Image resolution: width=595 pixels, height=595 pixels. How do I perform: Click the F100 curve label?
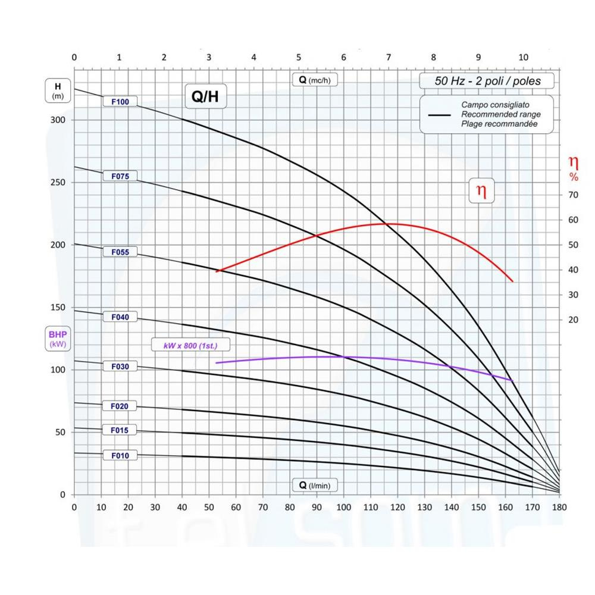[120, 102]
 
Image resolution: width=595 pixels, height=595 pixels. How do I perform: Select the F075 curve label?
[120, 176]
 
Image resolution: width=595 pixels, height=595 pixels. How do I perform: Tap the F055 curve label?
[120, 252]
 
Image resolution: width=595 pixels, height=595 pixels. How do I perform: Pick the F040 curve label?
[120, 317]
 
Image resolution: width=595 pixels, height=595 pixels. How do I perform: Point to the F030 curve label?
[120, 367]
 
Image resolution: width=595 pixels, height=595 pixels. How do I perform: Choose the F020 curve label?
[120, 406]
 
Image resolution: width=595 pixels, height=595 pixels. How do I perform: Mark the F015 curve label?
[120, 430]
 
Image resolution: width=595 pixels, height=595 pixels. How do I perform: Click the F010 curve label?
[120, 456]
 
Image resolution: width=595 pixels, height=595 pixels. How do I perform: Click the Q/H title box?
[205, 98]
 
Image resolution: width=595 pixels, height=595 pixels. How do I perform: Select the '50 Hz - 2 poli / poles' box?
[487, 81]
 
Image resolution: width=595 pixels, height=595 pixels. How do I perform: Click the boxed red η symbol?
[482, 191]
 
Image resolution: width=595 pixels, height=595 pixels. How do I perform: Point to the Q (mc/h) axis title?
[315, 80]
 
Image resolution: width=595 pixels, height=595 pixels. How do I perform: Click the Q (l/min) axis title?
[315, 486]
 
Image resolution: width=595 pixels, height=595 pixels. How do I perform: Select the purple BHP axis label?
[58, 339]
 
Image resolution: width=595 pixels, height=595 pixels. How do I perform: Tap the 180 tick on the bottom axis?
[559, 508]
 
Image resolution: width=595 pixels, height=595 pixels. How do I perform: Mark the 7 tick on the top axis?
[389, 57]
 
